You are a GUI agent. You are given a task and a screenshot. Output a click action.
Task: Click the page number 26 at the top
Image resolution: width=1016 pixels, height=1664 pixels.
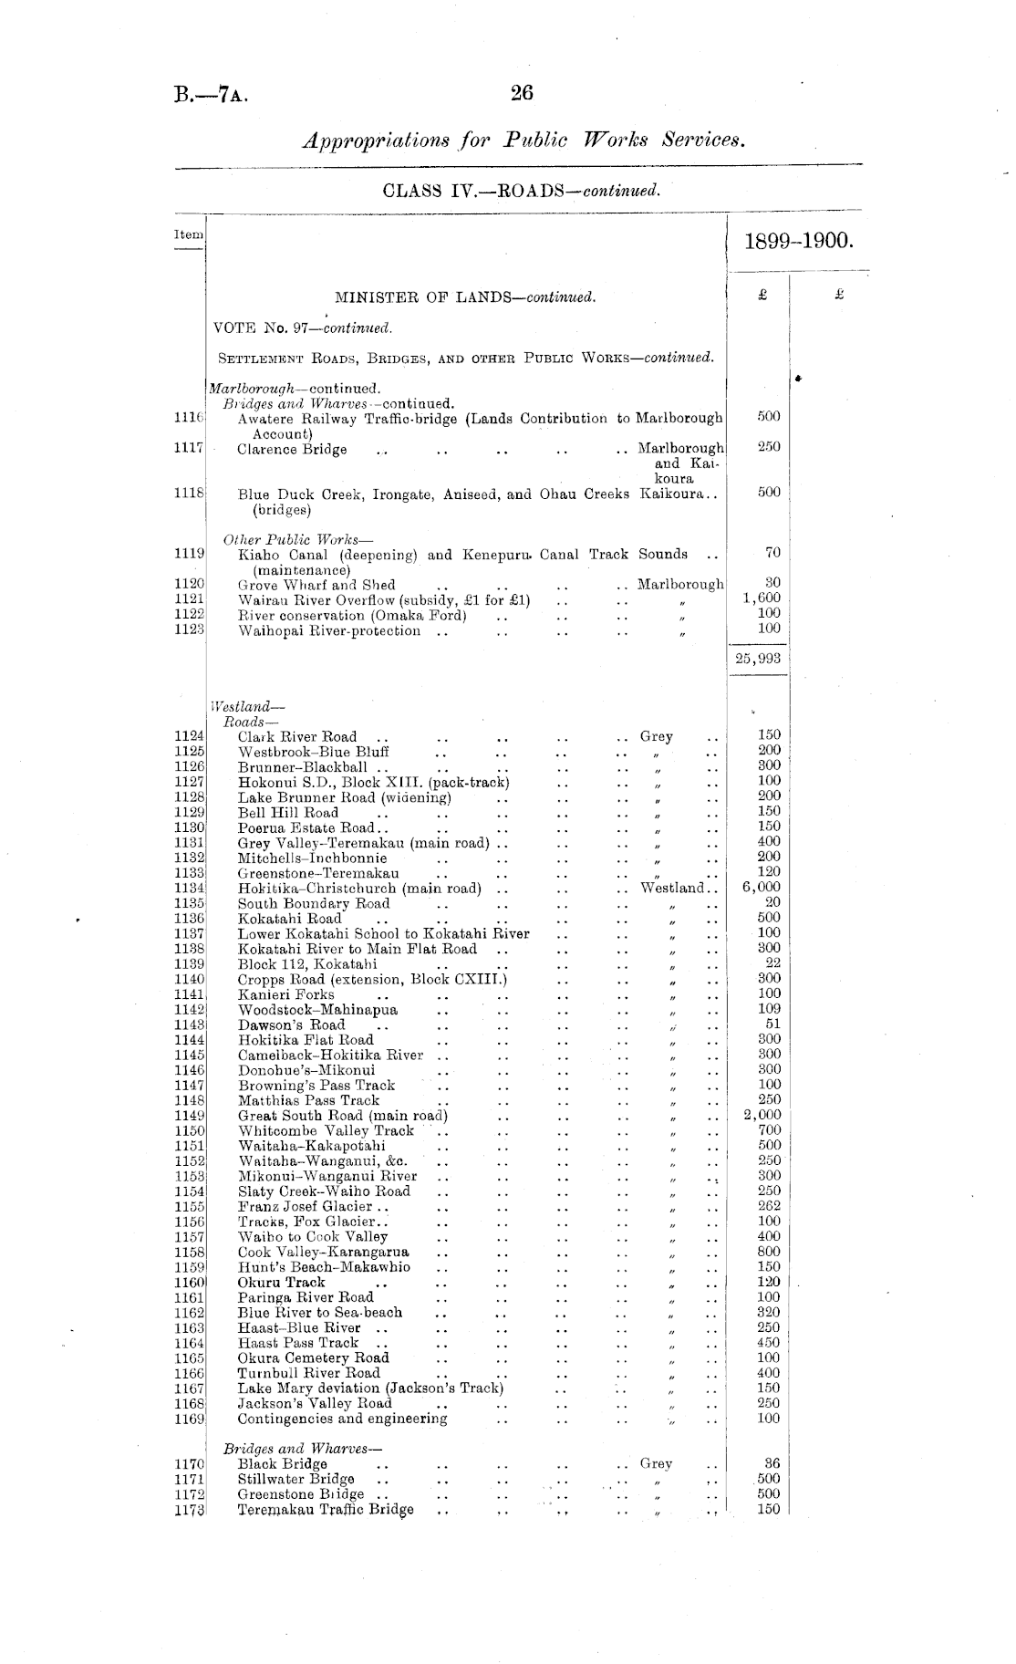tap(522, 92)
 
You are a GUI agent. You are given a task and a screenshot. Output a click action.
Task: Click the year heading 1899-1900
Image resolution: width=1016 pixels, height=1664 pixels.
tap(798, 241)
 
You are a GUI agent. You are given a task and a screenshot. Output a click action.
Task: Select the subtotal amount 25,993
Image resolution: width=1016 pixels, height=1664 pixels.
tap(758, 658)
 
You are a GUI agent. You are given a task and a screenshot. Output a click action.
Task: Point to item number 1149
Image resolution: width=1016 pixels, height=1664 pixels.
tap(189, 1116)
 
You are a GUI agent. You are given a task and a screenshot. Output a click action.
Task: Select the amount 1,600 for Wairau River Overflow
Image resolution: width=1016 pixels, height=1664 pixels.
tap(762, 598)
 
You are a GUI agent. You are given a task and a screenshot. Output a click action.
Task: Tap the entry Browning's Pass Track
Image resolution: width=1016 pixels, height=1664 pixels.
tap(316, 1085)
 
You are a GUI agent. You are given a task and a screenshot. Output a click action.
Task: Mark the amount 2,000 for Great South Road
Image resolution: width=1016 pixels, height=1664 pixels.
tap(762, 1115)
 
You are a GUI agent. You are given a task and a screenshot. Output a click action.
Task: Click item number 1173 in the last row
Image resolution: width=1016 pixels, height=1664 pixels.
tap(189, 1510)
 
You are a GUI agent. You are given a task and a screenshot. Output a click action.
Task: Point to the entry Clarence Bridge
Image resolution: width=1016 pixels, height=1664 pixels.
tap(292, 449)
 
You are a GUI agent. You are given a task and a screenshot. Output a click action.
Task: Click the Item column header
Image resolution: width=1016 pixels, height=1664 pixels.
tap(188, 234)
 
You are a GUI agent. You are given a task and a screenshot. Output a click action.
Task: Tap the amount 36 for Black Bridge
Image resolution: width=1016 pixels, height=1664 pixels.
tap(771, 1463)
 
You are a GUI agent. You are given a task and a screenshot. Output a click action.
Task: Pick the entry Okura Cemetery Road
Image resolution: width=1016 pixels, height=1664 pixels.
tap(313, 1357)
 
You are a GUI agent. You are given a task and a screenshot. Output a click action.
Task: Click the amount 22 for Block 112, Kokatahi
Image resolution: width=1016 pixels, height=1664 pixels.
tap(772, 962)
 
